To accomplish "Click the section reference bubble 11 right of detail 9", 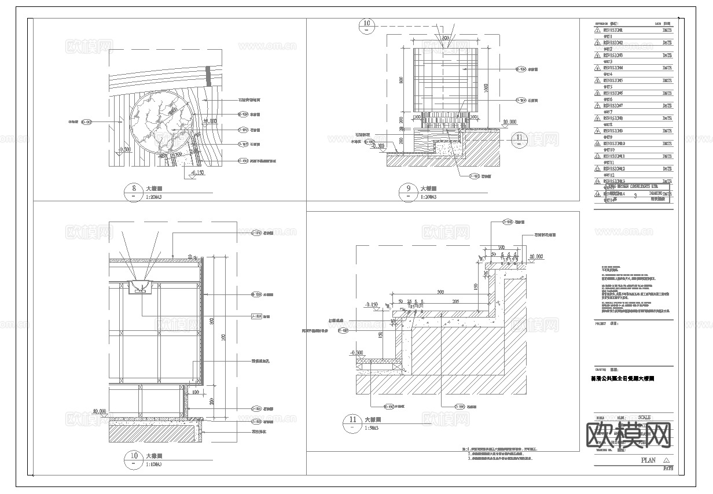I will pos(519,137).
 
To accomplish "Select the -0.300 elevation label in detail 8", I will pos(124,149).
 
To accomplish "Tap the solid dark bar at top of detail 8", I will pos(207,76).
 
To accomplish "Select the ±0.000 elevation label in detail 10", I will pos(100,411).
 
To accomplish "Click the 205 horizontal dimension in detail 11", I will pos(455,301).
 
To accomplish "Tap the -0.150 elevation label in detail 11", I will pos(371,304).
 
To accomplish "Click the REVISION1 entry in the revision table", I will pos(613,30).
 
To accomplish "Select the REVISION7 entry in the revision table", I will pos(613,106).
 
